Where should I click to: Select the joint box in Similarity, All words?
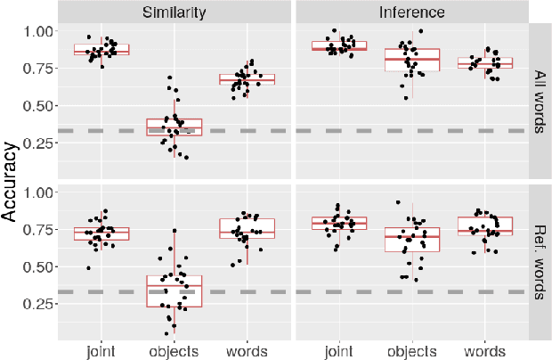click(x=101, y=50)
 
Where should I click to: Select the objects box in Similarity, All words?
click(x=175, y=127)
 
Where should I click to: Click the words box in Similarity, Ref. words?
click(x=248, y=228)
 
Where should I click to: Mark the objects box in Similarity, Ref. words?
click(x=175, y=291)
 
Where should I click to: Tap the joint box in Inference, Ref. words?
click(x=339, y=223)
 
